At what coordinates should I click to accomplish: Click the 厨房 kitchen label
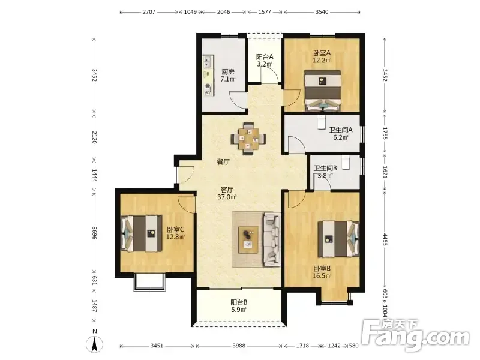tap(228, 72)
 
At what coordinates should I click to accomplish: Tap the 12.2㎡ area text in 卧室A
tap(322, 61)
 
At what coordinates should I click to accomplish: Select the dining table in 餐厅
tap(248, 139)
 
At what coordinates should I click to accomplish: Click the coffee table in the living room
tap(248, 240)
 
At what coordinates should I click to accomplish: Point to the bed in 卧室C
tap(142, 233)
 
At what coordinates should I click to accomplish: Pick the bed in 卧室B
tap(338, 239)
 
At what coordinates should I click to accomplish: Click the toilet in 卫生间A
tap(322, 122)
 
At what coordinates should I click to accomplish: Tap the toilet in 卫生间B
tap(346, 163)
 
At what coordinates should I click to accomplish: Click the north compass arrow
tap(95, 344)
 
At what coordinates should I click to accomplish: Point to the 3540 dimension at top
tap(322, 12)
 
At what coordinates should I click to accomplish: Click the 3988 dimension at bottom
tap(239, 346)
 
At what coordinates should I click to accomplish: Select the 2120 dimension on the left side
tap(94, 137)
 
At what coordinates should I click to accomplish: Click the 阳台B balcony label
tap(239, 302)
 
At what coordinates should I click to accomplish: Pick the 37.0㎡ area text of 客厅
tap(227, 197)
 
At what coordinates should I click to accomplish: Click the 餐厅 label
tap(223, 162)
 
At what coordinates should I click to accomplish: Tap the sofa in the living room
tap(272, 239)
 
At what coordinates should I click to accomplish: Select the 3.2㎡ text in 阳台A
tap(265, 64)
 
